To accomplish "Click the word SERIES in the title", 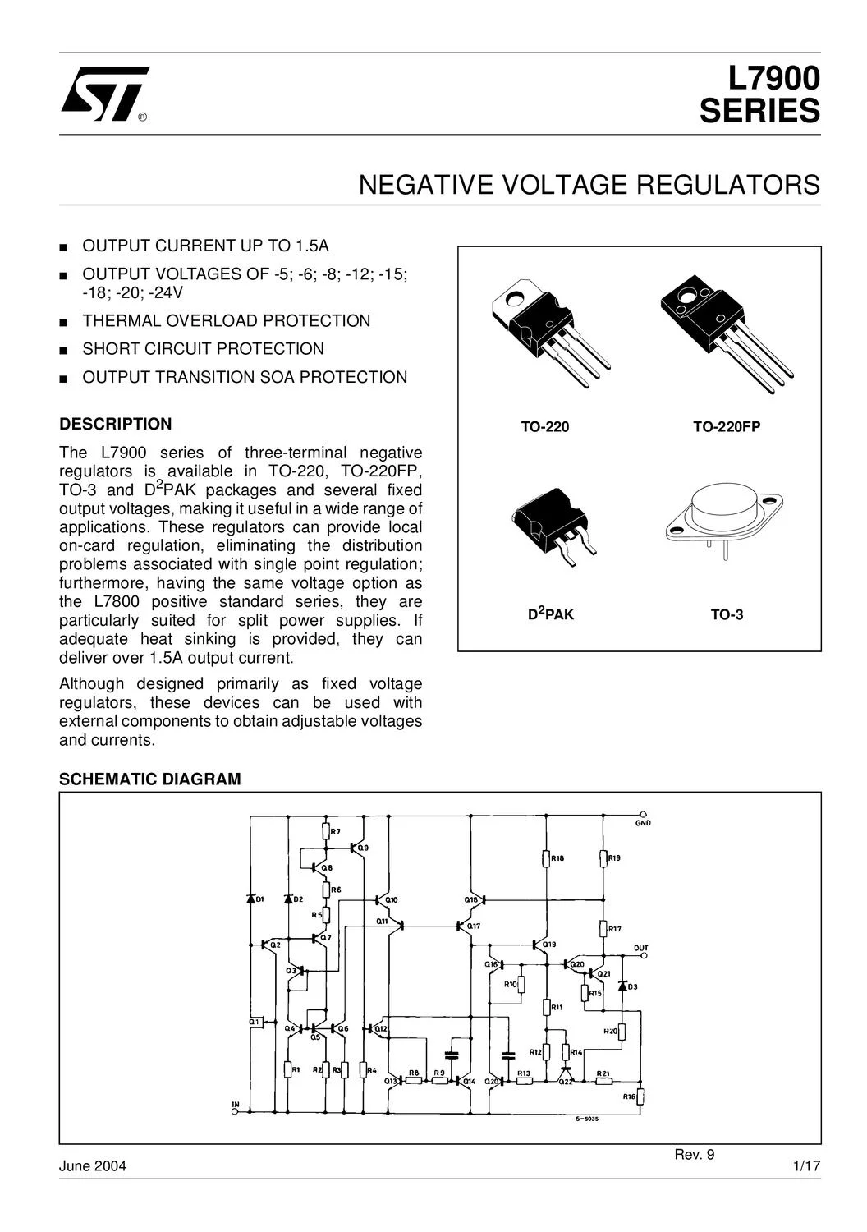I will [759, 111].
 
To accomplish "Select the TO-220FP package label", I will [727, 427].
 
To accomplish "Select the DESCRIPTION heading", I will [116, 424].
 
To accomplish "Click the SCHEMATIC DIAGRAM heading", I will [150, 779].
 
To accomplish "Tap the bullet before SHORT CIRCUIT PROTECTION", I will [63, 351].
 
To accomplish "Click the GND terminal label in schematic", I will [643, 823].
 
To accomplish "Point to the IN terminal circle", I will [235, 1111].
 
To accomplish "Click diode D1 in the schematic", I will [250, 899].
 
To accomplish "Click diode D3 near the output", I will [622, 986].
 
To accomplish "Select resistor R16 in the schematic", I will [641, 1096].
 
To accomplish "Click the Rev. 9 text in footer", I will [694, 1155].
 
